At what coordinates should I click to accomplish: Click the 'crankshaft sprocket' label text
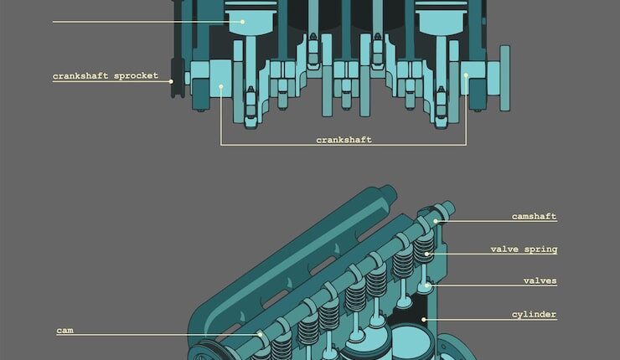[x=106, y=75]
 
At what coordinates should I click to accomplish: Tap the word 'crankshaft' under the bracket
[x=344, y=140]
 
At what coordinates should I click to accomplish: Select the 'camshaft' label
[x=535, y=216]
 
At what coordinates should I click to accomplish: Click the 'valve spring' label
[x=524, y=249]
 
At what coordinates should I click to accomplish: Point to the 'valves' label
[x=540, y=280]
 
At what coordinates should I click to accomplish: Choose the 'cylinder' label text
[x=535, y=314]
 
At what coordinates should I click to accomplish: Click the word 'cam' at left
[x=65, y=330]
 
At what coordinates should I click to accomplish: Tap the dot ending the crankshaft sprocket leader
[x=171, y=82]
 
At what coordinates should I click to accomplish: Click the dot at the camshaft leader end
[x=436, y=221]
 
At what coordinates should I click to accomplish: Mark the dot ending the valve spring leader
[x=426, y=255]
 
